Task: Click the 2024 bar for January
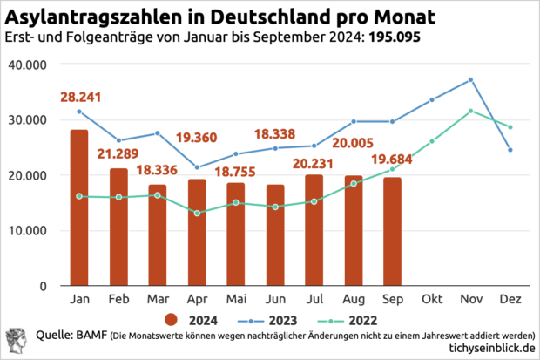(79, 207)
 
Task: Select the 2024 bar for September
(393, 231)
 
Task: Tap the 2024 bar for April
(197, 232)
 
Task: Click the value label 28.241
(79, 97)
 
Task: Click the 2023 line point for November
(470, 79)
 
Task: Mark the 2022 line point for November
(470, 111)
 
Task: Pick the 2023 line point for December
(510, 150)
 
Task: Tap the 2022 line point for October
(432, 141)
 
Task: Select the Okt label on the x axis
(432, 298)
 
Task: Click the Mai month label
(235, 298)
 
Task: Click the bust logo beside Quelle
(17, 341)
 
